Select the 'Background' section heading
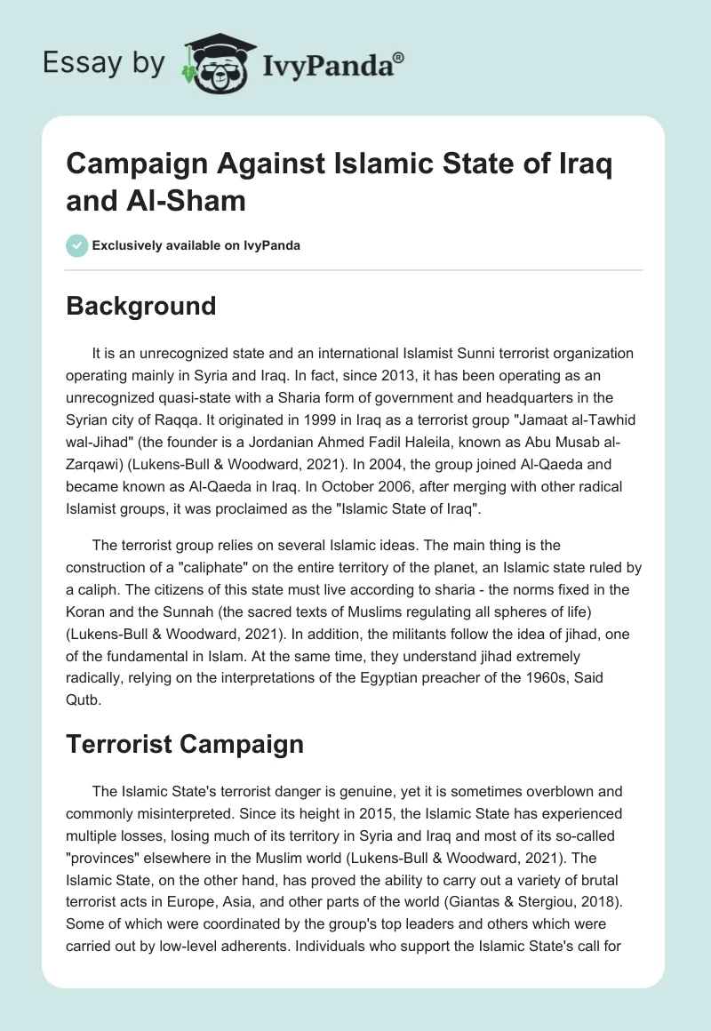140,306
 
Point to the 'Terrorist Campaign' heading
185,743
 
